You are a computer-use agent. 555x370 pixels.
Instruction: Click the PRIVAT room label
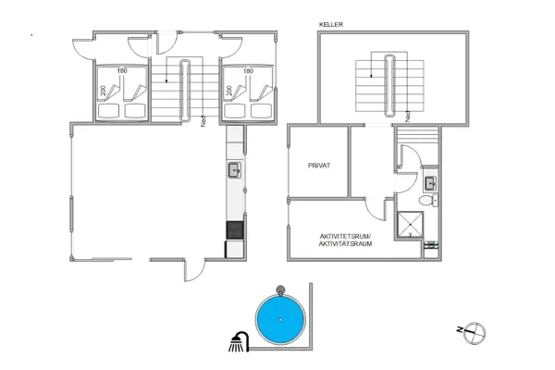[319, 166]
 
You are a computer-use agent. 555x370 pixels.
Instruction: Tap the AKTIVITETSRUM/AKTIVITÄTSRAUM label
[343, 240]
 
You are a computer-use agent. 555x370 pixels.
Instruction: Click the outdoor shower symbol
[238, 341]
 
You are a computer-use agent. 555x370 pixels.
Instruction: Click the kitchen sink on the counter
[235, 169]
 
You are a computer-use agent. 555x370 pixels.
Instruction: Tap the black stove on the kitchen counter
[235, 229]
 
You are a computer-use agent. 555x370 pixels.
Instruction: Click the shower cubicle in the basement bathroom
[408, 225]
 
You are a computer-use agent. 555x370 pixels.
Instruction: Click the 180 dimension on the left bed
[121, 70]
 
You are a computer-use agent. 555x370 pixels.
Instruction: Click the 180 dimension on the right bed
[248, 70]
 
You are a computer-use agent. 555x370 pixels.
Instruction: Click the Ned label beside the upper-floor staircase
[203, 119]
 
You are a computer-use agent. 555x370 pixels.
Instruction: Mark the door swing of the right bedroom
[231, 48]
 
